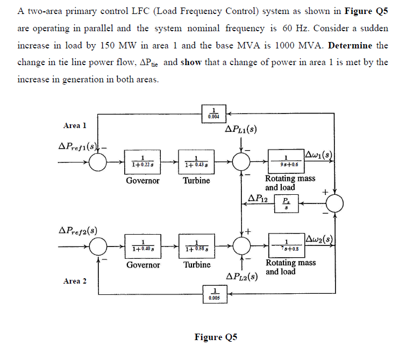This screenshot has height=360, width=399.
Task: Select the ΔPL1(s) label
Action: [x=240, y=130]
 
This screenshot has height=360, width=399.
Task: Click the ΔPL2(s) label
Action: [x=240, y=277]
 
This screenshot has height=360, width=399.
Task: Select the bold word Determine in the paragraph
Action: [x=351, y=45]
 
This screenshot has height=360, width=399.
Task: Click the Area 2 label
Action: [x=75, y=281]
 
